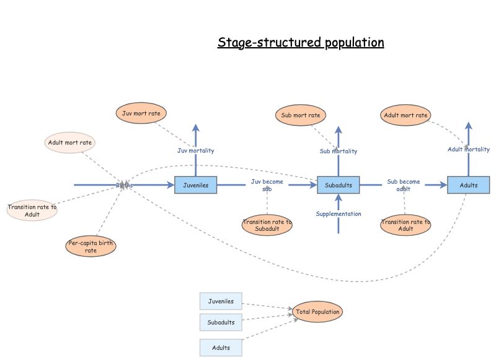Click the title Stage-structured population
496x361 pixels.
coord(301,43)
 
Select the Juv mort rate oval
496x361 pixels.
coord(141,114)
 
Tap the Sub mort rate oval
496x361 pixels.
coord(301,115)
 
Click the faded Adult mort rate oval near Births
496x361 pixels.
coord(70,143)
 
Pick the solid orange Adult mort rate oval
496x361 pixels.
coord(405,115)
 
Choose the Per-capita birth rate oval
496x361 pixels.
coord(91,246)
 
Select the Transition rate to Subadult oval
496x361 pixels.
coord(267,225)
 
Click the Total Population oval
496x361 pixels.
coord(317,312)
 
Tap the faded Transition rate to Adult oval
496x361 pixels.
coord(32,211)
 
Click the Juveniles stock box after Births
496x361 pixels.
coord(196,185)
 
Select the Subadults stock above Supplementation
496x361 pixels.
coord(339,185)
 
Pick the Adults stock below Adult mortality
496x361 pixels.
coord(468,185)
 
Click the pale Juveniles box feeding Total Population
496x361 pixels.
coord(221,301)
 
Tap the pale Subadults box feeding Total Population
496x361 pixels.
coord(221,323)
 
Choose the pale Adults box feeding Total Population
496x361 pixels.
coord(221,347)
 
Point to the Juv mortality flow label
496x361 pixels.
coord(196,150)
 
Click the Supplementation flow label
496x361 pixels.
coord(339,214)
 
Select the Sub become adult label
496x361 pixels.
coord(404,185)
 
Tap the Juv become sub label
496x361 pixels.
coord(267,185)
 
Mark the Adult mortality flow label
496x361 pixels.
coord(468,149)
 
